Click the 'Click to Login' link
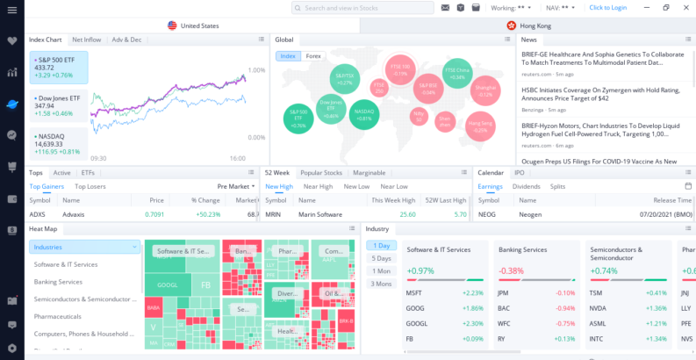(607, 8)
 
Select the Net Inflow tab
(87, 40)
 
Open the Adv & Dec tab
(126, 40)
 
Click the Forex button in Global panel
(313, 56)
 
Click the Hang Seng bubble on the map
(479, 125)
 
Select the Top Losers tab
(90, 186)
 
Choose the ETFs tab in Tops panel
(88, 173)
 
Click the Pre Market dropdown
(236, 186)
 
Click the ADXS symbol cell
(37, 213)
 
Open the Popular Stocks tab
(321, 173)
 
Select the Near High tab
(317, 186)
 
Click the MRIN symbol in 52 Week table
(273, 213)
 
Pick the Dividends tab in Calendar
(527, 186)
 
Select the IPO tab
(519, 173)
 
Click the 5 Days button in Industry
(382, 258)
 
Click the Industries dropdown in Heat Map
(84, 247)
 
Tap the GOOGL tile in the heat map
(167, 285)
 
